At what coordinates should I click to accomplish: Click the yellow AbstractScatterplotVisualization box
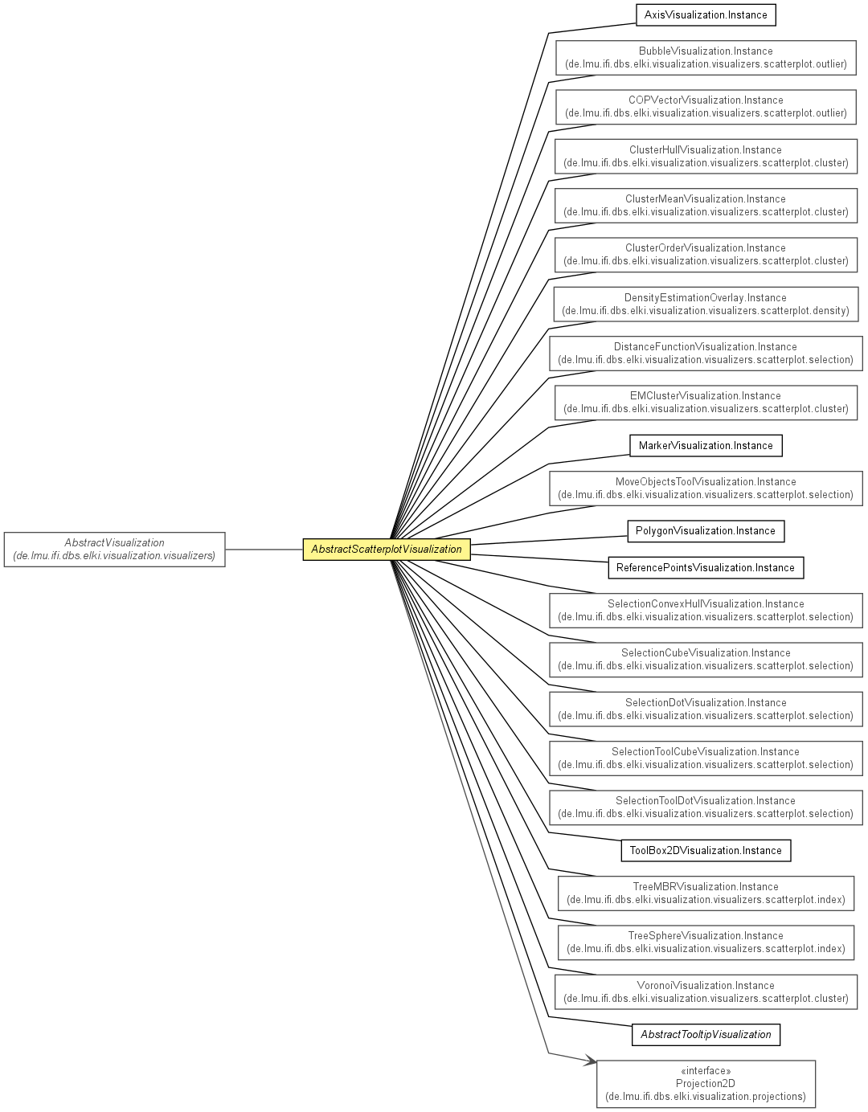[387, 549]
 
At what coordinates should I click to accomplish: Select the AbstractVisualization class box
[115, 549]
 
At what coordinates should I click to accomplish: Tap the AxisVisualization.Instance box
[706, 14]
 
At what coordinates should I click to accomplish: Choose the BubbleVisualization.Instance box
[706, 58]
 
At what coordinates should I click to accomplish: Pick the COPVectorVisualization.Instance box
[706, 107]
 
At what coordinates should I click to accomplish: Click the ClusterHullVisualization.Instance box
[706, 156]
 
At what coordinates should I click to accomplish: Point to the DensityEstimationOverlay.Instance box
[706, 304]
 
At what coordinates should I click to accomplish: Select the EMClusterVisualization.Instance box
[706, 403]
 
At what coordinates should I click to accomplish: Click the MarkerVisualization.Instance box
[706, 445]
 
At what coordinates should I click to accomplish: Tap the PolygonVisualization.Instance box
[706, 530]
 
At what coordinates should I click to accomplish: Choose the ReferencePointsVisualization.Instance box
[706, 567]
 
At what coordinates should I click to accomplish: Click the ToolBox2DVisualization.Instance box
[706, 851]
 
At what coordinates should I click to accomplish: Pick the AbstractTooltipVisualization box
[706, 1035]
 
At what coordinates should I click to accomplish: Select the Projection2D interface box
[706, 1084]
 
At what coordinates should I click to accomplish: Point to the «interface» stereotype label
[706, 1070]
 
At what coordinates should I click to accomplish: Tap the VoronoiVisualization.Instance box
[706, 991]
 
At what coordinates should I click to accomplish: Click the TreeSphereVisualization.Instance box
[706, 942]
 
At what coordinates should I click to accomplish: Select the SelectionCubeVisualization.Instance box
[706, 660]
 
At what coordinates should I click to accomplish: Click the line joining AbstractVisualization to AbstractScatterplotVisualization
[264, 550]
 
